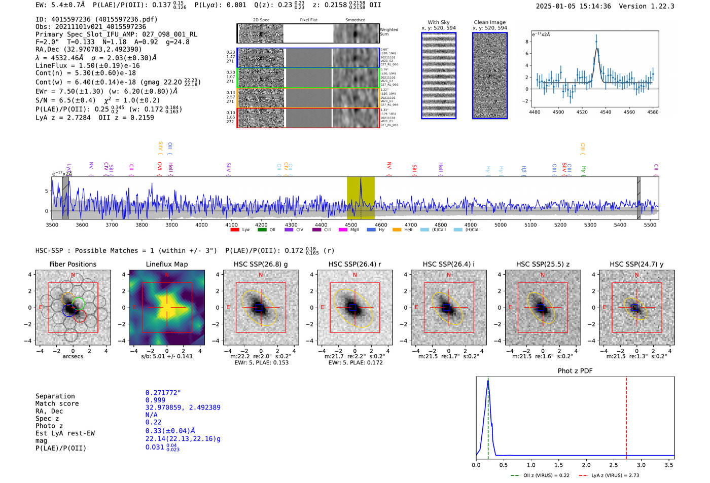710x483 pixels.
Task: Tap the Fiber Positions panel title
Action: click(73, 264)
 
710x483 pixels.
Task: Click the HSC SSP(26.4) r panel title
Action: click(354, 264)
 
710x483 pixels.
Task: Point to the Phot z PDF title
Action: click(575, 370)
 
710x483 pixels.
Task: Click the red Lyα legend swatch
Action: click(235, 230)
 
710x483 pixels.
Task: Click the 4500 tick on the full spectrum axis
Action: click(351, 225)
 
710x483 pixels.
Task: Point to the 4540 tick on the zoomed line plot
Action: click(606, 112)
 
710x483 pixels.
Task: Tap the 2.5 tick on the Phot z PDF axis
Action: click(614, 465)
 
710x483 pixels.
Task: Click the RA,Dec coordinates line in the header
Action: click(89, 49)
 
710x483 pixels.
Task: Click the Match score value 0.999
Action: click(155, 400)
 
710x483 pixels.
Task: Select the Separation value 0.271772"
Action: click(163, 393)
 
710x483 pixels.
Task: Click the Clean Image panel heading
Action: click(489, 22)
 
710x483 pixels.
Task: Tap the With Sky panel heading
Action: click(438, 22)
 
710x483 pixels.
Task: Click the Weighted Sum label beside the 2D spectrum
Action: click(388, 32)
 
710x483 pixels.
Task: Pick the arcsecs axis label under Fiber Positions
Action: click(73, 356)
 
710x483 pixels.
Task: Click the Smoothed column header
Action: click(355, 20)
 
